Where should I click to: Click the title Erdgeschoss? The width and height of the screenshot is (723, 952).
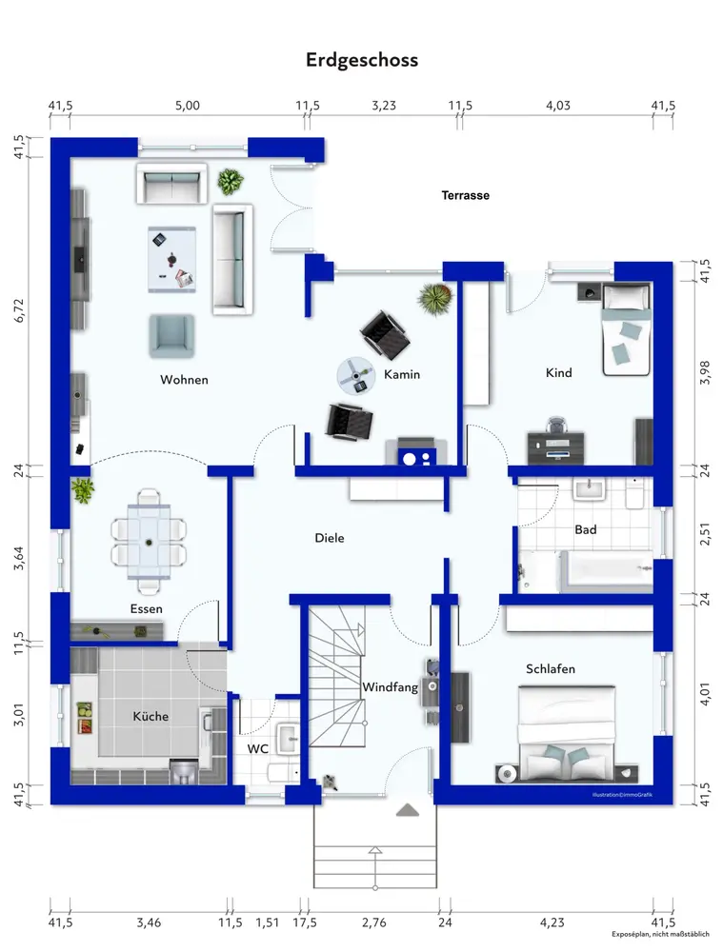362,60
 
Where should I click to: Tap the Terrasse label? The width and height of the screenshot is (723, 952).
466,195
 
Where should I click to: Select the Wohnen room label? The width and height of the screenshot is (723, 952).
184,380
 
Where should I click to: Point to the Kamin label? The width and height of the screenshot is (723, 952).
402,374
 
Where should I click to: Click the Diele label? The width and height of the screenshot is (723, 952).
330,538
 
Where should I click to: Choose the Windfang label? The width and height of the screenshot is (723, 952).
390,687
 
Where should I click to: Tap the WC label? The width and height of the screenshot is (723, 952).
257,748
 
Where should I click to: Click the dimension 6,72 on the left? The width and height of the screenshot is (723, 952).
19,310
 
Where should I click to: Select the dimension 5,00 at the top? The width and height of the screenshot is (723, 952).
187,105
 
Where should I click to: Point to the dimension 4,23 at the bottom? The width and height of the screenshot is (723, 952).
552,922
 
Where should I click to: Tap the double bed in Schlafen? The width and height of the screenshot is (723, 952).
567,733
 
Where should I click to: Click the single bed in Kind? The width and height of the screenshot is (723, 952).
627,329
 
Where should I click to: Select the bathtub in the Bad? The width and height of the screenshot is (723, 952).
606,571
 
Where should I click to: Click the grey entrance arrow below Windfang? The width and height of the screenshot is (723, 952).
408,810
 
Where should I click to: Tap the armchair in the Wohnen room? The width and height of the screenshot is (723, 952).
172,336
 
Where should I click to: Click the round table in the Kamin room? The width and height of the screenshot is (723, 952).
356,376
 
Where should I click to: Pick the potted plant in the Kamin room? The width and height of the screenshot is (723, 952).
435,299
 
